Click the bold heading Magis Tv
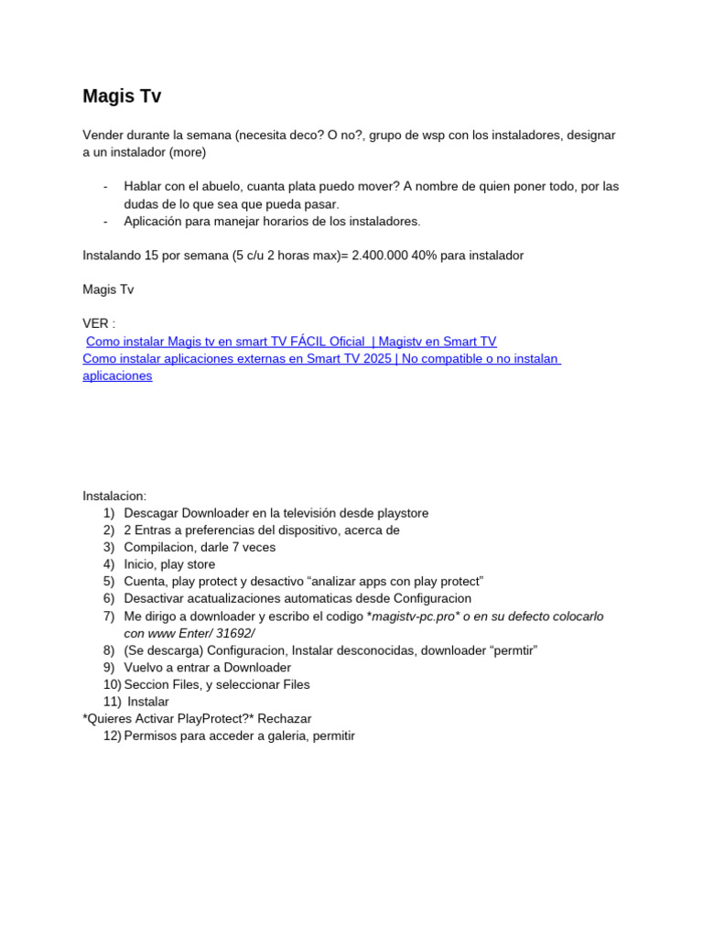122,96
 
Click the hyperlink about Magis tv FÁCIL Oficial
291,342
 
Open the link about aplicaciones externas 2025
320,359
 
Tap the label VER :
99,324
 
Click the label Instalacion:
114,496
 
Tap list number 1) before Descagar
109,514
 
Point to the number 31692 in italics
234,634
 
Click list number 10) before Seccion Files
112,684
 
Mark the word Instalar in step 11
148,702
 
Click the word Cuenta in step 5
144,582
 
